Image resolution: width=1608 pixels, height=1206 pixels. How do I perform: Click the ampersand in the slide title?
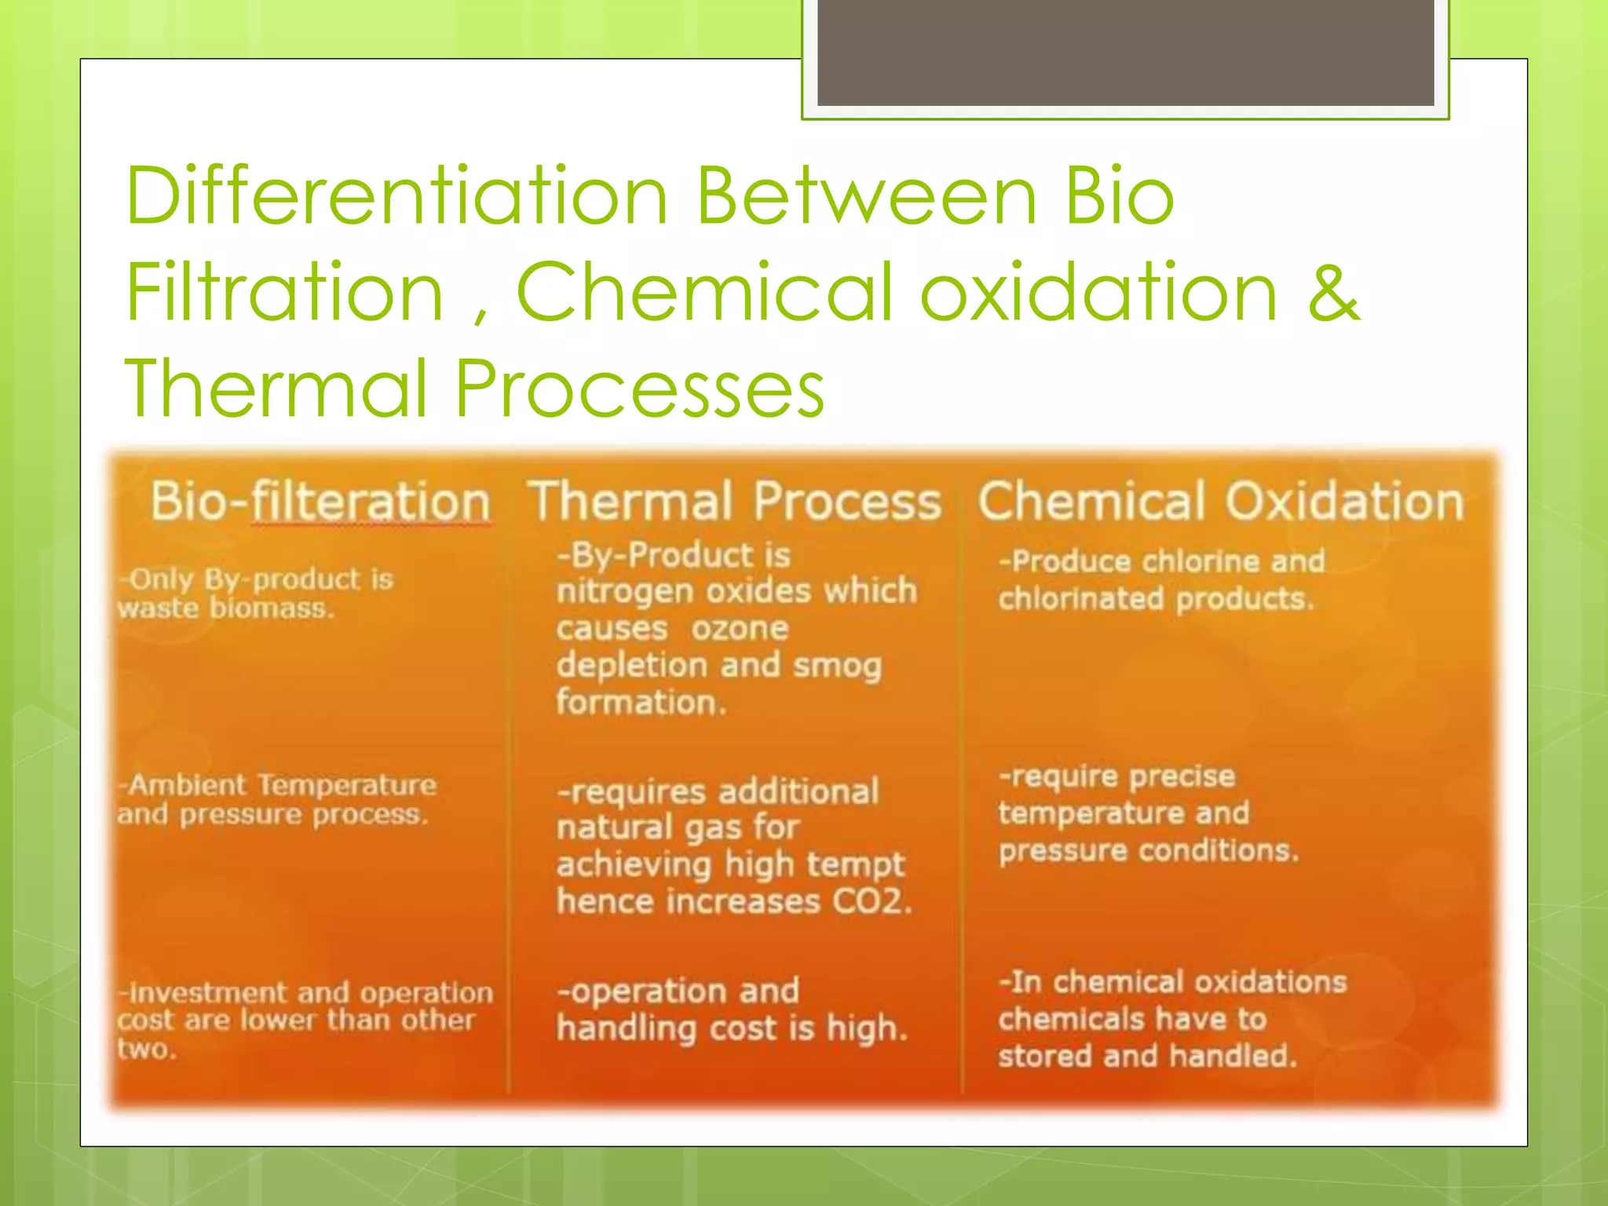tap(1333, 292)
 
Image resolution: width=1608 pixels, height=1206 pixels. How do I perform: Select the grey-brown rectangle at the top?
tap(1125, 52)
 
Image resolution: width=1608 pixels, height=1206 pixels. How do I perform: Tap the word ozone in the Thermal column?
tap(739, 628)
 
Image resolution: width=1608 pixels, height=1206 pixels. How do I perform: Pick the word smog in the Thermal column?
tap(837, 666)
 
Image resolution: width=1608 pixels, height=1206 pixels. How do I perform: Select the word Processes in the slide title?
tap(640, 388)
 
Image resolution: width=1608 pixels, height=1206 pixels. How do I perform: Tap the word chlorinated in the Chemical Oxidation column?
tap(1080, 599)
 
